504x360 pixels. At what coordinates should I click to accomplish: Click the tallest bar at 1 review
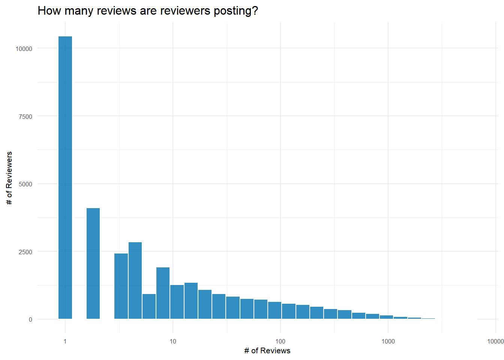pos(65,178)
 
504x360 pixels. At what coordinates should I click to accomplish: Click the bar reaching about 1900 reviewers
pos(163,293)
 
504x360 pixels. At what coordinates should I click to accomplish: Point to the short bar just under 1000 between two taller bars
pos(149,306)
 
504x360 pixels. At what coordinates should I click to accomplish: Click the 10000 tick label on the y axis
pos(24,49)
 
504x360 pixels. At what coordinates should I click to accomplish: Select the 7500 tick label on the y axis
pos(25,117)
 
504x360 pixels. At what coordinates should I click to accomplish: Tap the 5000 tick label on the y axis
pos(25,184)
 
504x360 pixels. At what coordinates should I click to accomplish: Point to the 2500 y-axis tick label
pos(25,252)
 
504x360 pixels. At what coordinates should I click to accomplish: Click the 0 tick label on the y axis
pos(30,320)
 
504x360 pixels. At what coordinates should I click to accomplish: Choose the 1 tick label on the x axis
pos(65,341)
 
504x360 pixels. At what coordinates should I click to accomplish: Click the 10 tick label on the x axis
pos(173,341)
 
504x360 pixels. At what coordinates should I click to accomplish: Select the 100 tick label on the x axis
pos(280,341)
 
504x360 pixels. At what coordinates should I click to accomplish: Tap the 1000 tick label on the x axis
pos(388,341)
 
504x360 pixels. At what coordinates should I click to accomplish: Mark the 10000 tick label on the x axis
pos(495,341)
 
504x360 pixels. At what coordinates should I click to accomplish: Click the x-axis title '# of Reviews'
pos(267,351)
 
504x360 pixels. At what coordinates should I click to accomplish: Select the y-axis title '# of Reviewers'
pos(9,178)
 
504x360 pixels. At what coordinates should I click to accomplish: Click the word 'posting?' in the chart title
pos(236,10)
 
